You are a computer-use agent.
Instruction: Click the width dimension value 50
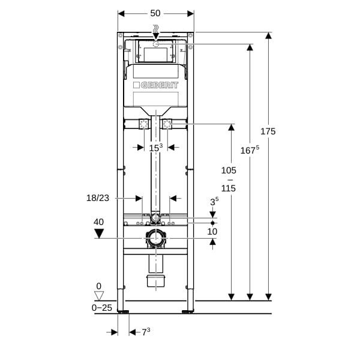[x=155, y=13]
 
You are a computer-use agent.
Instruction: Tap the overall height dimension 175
[x=268, y=131]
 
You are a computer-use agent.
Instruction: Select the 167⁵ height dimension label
[x=250, y=150]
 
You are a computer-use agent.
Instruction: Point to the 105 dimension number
[x=229, y=170]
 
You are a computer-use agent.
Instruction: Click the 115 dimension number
[x=229, y=188]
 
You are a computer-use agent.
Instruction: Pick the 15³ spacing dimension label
[x=156, y=148]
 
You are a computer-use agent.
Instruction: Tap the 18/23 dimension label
[x=98, y=198]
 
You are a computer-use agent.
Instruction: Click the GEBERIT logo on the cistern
[x=156, y=85]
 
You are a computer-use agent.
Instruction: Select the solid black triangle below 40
[x=99, y=234]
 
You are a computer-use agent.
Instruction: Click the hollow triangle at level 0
[x=99, y=296]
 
